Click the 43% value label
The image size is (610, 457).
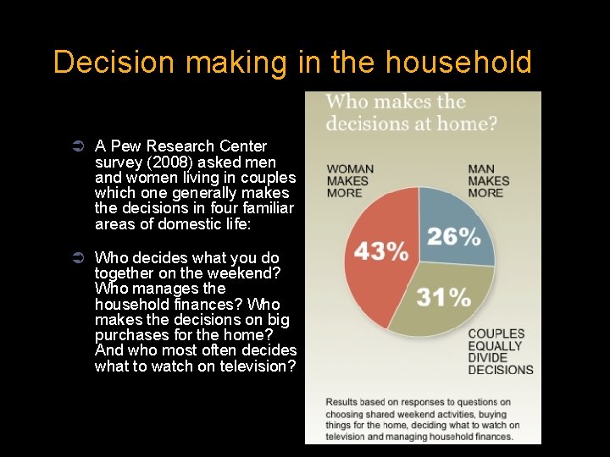[380, 251]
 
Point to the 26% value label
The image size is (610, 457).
[453, 236]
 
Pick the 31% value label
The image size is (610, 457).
[443, 297]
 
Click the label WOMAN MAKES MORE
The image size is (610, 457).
[350, 180]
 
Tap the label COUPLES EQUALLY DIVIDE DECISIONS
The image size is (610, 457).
[501, 351]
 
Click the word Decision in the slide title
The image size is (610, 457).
[110, 63]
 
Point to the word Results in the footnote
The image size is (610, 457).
[344, 402]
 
